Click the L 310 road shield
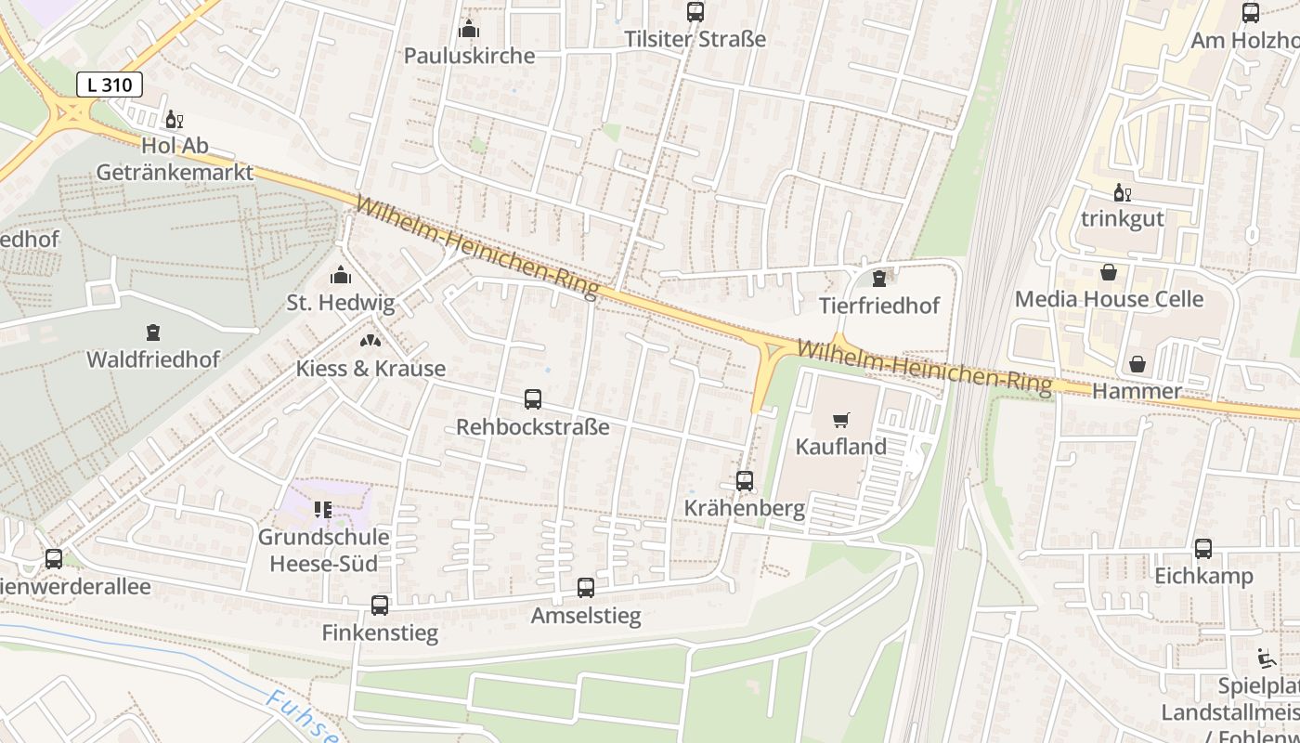(109, 85)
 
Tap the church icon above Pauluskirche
(469, 29)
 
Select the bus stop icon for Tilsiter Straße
(695, 12)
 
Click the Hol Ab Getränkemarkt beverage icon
(174, 119)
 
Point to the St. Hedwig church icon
(341, 275)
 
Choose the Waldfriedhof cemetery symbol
(153, 332)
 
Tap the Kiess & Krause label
(370, 369)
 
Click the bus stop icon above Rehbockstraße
(533, 399)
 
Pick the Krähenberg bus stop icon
(745, 480)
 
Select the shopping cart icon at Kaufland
(841, 420)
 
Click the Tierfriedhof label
(879, 306)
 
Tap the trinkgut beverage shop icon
(1122, 192)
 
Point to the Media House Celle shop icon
(1109, 272)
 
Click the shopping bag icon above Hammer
(1137, 364)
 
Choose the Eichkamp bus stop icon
(1203, 549)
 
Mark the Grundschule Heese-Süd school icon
(323, 509)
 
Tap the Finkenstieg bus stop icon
(380, 606)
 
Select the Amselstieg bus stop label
(585, 616)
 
